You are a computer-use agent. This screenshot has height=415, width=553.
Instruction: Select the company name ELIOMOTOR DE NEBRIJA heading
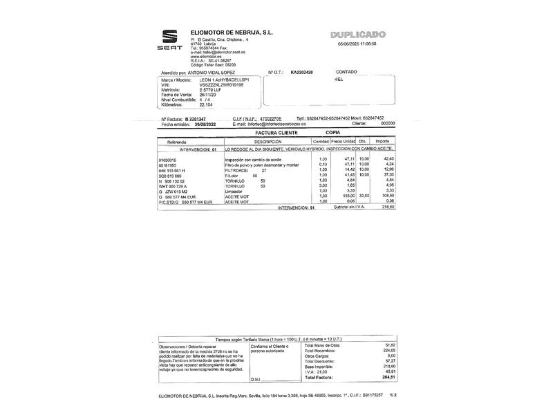tap(232, 33)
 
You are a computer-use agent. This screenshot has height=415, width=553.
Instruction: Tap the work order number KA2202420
tap(301, 72)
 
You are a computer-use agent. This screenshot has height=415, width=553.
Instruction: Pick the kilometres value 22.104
tap(206, 104)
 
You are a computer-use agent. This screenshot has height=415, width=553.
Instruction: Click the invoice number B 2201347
tap(191, 118)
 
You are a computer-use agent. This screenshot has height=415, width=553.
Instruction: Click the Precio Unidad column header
tap(343, 141)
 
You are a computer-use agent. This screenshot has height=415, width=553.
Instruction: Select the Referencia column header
tap(172, 141)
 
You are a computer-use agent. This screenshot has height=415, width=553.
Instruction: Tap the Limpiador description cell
tap(236, 191)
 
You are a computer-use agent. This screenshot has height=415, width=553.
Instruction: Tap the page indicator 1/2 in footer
tap(393, 395)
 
